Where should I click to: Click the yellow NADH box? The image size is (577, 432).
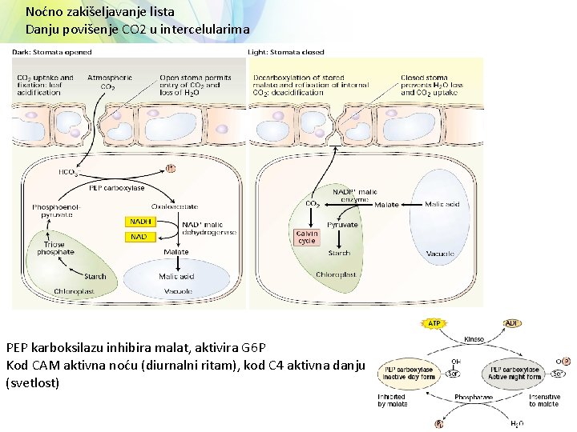(x=140, y=221)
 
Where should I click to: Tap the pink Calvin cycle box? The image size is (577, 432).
(x=307, y=237)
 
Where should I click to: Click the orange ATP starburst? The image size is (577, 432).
(x=434, y=324)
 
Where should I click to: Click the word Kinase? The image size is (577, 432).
(x=474, y=339)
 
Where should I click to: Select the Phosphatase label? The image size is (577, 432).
(x=474, y=396)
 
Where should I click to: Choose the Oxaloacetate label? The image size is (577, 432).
(x=181, y=206)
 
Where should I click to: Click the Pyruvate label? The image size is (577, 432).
(x=343, y=225)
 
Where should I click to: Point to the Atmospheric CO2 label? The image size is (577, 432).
(x=116, y=81)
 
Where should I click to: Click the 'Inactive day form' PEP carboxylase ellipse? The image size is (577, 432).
(x=409, y=373)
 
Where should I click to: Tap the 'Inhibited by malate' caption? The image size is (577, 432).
(x=393, y=400)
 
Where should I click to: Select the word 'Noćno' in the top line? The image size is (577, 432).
(x=43, y=12)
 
